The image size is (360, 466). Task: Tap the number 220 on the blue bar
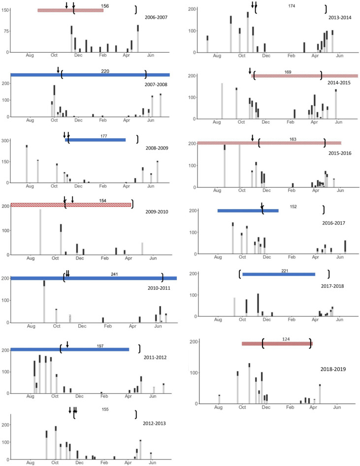[x=105, y=71]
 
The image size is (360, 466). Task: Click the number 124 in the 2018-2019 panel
[x=287, y=339]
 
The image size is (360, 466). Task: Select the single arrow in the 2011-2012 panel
[x=67, y=344]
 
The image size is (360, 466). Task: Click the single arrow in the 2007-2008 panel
[x=58, y=69]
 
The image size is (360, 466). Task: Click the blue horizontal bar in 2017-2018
[x=278, y=274]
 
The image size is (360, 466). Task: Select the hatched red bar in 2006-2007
[x=70, y=10]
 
